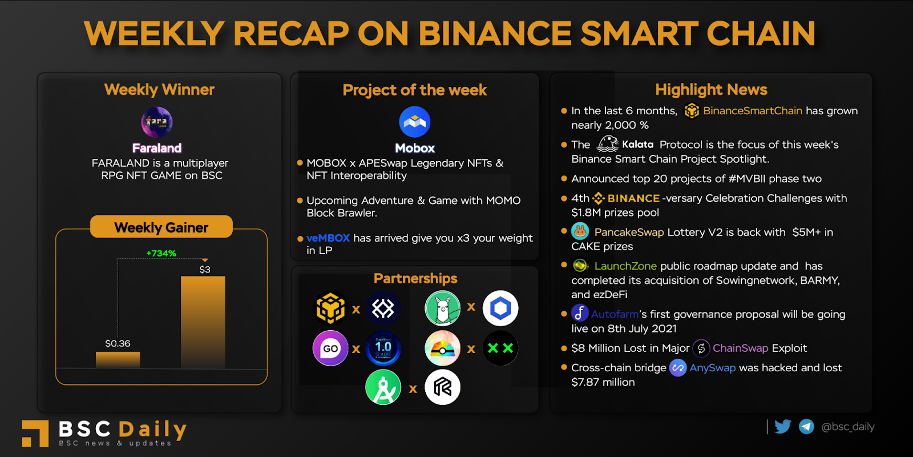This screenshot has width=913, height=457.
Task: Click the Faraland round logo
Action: (x=157, y=122)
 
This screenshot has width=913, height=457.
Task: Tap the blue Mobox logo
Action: (x=414, y=122)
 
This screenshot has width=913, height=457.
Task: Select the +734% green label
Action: (x=161, y=254)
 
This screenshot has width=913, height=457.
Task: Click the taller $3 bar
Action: (x=203, y=322)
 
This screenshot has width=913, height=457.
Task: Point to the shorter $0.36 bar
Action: (x=118, y=360)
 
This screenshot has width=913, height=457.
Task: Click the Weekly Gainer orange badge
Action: (x=161, y=227)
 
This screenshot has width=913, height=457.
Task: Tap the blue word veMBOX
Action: (x=328, y=238)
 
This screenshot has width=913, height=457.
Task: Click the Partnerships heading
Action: (x=415, y=278)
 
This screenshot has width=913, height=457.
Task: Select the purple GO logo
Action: (x=330, y=348)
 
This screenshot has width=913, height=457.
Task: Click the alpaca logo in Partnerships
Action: (x=443, y=308)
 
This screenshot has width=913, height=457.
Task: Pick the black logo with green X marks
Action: (x=500, y=348)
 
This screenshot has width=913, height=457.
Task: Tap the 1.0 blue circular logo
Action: (x=383, y=348)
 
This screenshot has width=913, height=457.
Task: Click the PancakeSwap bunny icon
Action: (x=580, y=231)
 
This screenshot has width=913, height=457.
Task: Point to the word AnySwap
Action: (x=713, y=368)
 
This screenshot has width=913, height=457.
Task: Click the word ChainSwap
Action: (x=740, y=348)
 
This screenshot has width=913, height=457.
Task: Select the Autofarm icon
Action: (x=580, y=314)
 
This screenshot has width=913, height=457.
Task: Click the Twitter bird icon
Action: (x=782, y=427)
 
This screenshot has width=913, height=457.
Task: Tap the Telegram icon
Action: (x=806, y=427)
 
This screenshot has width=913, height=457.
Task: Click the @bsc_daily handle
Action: (x=848, y=427)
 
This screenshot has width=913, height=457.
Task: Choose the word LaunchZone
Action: (x=625, y=266)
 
